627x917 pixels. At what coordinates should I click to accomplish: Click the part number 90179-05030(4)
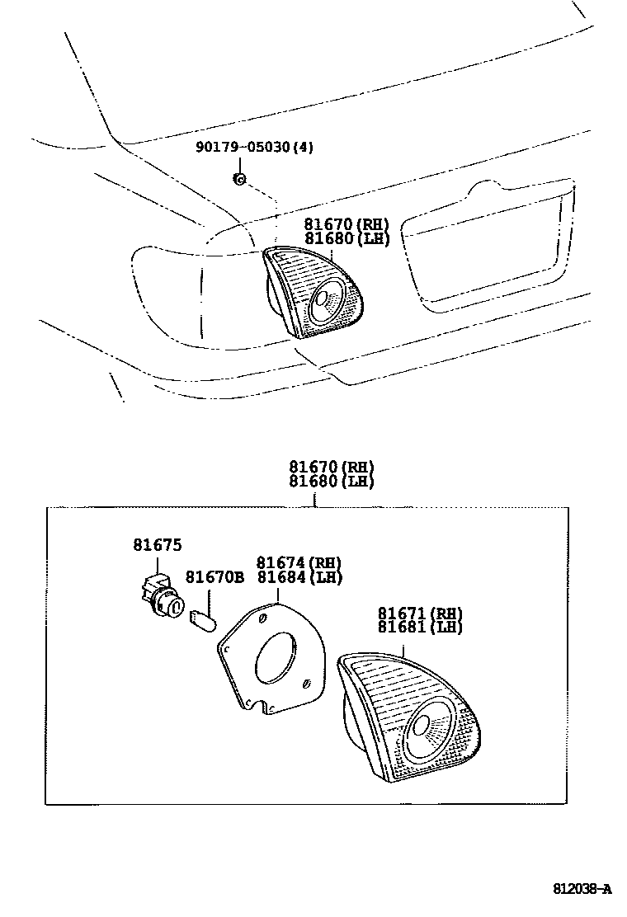click(x=255, y=148)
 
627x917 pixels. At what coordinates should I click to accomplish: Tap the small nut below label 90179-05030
click(x=238, y=179)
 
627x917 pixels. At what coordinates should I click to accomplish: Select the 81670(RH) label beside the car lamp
click(x=346, y=224)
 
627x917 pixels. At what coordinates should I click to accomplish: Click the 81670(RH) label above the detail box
click(x=332, y=466)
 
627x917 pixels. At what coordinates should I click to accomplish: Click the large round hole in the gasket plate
click(x=276, y=658)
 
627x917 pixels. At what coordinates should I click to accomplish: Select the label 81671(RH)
click(x=420, y=613)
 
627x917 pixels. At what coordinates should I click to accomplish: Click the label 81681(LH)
click(x=420, y=627)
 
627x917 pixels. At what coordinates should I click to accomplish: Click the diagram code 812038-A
click(x=582, y=889)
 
